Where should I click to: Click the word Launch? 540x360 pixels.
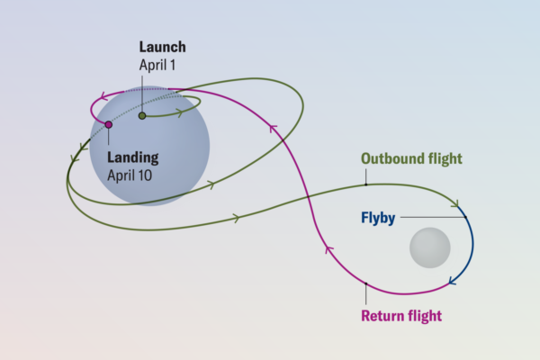[163, 47]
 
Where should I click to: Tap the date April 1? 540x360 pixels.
[159, 65]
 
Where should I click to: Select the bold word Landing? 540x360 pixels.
[132, 157]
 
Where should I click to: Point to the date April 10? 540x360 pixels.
[130, 175]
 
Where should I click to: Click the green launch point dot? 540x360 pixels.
[141, 115]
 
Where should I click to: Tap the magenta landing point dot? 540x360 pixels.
[108, 125]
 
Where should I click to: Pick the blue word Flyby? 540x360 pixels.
[378, 218]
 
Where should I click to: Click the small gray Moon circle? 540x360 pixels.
[429, 247]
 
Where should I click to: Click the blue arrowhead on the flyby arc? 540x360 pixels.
[452, 282]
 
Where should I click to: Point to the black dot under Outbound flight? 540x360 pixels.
[366, 184]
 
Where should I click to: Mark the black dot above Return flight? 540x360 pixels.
[366, 286]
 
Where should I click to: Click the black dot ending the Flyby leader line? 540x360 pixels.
[467, 218]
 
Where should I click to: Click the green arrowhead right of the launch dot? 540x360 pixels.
[183, 113]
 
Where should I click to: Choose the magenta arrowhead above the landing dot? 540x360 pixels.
[107, 94]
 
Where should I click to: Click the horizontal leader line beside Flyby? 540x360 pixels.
[432, 218]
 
